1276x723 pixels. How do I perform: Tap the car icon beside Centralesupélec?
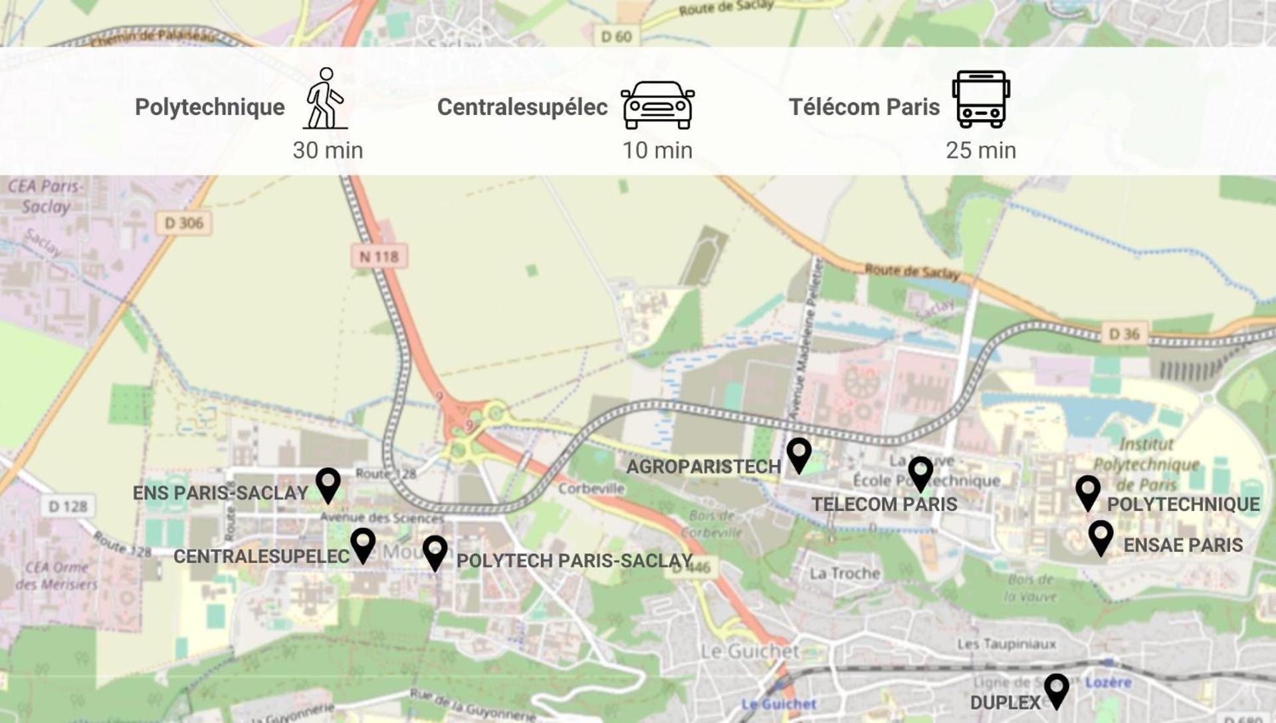click(657, 105)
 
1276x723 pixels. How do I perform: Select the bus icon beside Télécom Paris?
click(981, 99)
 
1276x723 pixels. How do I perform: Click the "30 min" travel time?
click(328, 150)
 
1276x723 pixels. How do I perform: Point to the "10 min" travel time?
click(657, 150)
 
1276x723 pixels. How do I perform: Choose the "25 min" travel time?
click(981, 150)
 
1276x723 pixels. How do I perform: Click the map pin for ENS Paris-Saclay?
click(328, 484)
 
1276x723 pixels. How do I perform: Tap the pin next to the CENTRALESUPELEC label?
click(363, 544)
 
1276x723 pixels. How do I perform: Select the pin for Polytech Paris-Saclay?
click(435, 551)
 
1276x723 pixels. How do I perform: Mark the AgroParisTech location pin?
click(799, 454)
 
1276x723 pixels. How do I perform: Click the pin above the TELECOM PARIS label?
click(920, 472)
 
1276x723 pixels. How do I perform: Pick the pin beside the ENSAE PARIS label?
click(1101, 536)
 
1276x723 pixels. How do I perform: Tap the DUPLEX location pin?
click(1056, 690)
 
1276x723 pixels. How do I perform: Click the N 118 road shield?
click(379, 256)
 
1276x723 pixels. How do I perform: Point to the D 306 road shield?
click(183, 223)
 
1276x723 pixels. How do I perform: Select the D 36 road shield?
click(1124, 334)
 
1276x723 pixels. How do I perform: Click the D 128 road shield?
click(67, 507)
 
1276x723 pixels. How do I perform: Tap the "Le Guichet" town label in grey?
click(750, 651)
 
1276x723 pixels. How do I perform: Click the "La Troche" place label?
click(844, 573)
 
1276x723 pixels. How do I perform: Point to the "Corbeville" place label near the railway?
click(591, 489)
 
